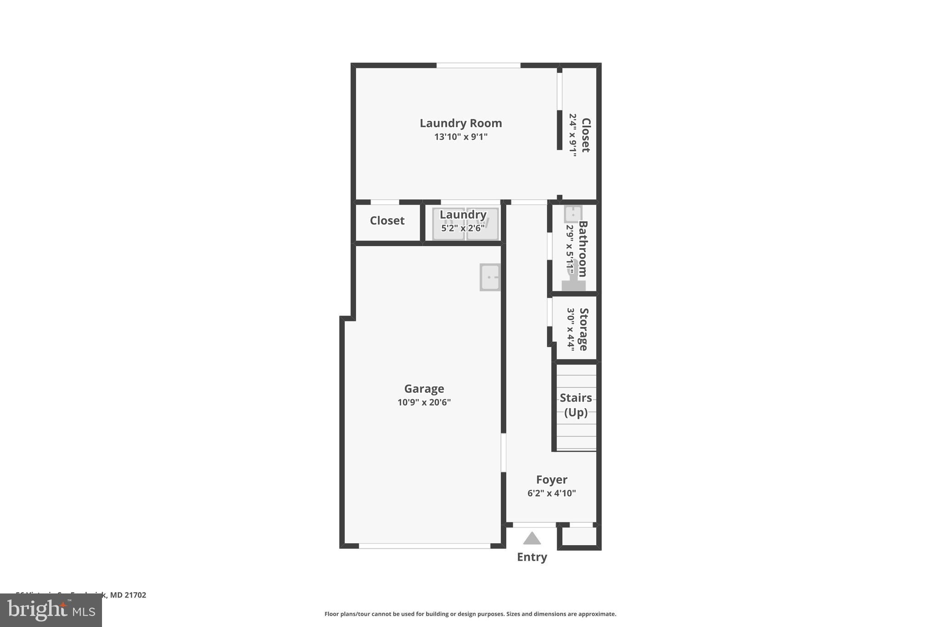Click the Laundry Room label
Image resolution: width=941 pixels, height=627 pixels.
(460, 123)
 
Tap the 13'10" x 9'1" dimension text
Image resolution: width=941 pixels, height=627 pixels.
(460, 137)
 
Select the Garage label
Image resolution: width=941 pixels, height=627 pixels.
(424, 389)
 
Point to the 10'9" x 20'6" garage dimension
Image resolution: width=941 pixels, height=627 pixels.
(424, 402)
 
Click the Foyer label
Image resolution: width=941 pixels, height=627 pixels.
(551, 480)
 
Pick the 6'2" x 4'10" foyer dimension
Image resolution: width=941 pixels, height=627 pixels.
(551, 493)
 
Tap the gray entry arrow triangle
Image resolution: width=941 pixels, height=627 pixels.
(532, 538)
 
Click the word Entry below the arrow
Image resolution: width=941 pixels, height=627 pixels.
(532, 557)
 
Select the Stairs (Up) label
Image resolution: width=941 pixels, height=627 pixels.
(576, 405)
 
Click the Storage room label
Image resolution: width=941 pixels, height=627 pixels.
(584, 329)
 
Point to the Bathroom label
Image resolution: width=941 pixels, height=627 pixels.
(583, 249)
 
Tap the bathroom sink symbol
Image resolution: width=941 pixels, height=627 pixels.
(573, 214)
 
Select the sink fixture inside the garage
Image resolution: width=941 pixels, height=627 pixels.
(490, 277)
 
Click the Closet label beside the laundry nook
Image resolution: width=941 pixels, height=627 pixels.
(387, 221)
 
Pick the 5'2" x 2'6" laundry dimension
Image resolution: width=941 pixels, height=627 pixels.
(463, 228)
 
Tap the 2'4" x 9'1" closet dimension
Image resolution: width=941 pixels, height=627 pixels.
(573, 135)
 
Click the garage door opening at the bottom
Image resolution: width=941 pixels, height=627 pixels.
(424, 546)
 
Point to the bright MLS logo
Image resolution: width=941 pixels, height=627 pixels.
(51, 610)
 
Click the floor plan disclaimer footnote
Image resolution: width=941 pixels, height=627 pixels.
(470, 614)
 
